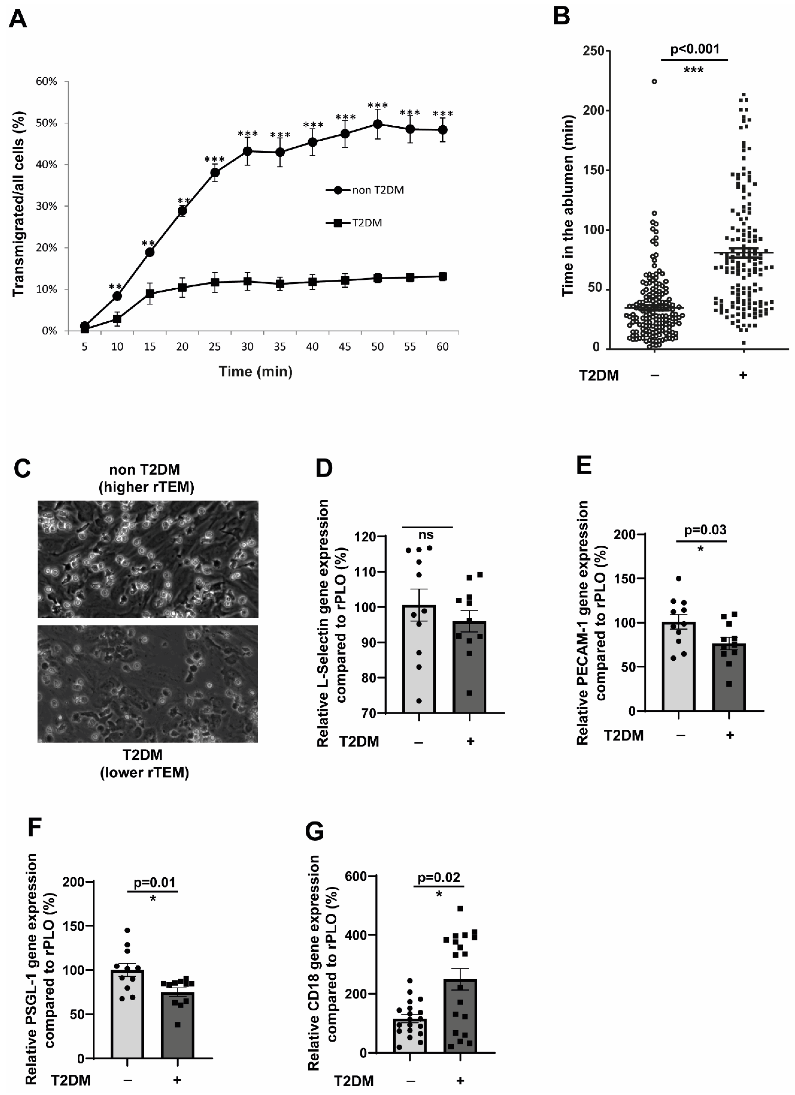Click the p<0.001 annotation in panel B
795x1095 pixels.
point(695,49)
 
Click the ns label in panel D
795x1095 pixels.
point(426,535)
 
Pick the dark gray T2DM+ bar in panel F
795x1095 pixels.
point(178,1026)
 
